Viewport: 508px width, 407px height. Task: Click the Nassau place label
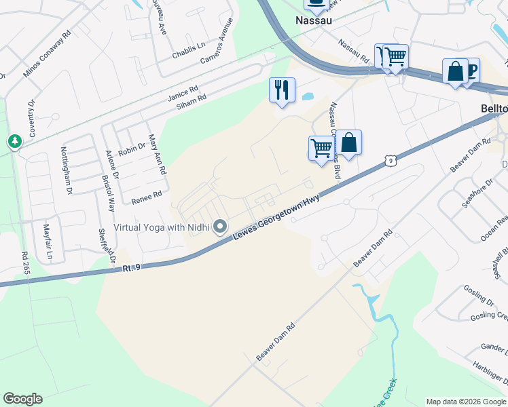point(314,20)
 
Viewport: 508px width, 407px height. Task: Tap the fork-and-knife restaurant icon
point(282,90)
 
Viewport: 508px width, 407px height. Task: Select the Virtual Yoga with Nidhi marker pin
point(220,227)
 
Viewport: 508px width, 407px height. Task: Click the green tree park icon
point(14,141)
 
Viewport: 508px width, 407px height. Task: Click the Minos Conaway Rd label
point(47,54)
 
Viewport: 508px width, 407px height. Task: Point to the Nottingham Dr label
point(66,171)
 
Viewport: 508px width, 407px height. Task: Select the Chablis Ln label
point(188,47)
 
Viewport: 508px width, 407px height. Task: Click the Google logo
point(22,399)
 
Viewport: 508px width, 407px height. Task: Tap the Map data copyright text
point(466,402)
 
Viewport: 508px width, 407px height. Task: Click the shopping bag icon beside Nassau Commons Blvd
point(349,143)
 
